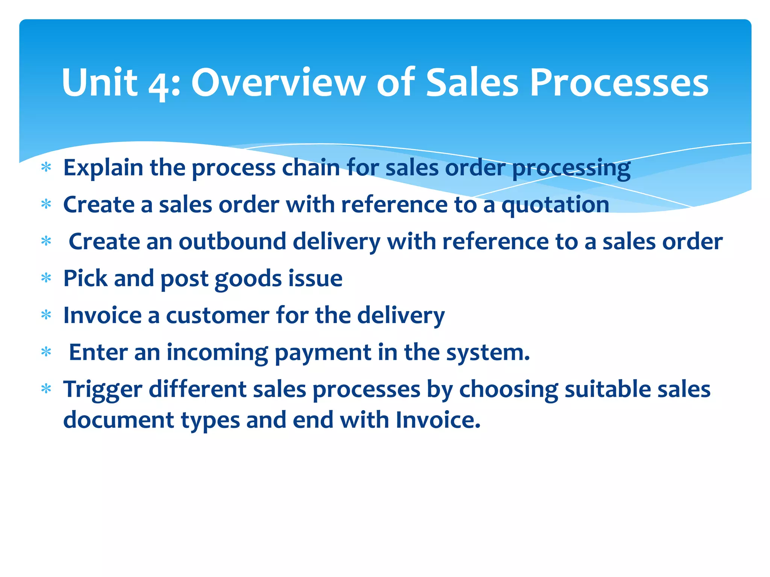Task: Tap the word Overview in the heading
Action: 278,83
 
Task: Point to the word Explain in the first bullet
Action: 103,168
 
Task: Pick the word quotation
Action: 555,205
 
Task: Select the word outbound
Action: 232,241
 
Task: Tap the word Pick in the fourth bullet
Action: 85,278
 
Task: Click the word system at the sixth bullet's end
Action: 488,353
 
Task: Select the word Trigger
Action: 103,390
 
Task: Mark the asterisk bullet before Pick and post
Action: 46,278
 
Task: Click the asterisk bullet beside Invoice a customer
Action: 46,315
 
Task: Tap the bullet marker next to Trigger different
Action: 46,389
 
